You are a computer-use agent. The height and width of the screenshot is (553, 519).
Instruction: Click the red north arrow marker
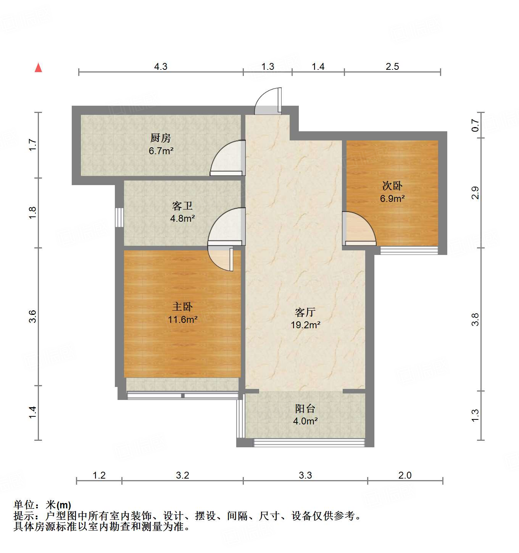click(x=38, y=68)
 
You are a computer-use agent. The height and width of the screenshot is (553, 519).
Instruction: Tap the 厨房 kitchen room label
click(x=160, y=137)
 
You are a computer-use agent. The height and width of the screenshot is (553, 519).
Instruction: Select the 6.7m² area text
click(x=161, y=151)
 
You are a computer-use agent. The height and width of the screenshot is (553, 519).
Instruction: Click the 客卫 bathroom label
click(x=182, y=206)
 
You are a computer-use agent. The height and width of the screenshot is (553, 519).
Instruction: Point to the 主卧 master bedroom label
click(x=182, y=306)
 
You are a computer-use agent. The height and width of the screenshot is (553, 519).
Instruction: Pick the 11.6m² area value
click(x=182, y=319)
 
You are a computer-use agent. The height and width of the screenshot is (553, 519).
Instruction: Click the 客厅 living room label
click(x=305, y=312)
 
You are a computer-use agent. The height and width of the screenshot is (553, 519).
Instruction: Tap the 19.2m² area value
click(x=305, y=325)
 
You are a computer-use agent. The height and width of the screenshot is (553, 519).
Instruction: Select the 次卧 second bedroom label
click(x=392, y=186)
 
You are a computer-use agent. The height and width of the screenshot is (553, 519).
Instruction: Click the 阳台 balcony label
click(x=305, y=409)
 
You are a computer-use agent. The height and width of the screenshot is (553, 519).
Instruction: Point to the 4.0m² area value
click(x=305, y=421)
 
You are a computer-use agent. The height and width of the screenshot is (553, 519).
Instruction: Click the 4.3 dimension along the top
click(x=161, y=66)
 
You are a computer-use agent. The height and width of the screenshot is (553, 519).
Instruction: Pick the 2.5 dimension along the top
click(x=392, y=66)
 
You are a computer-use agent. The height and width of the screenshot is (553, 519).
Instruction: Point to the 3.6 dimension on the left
click(x=33, y=316)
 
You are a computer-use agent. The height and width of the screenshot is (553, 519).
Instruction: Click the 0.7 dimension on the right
click(x=475, y=125)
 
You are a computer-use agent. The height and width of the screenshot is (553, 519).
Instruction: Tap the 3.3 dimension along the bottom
click(x=305, y=475)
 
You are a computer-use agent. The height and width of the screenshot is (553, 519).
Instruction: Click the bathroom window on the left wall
click(x=119, y=217)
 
